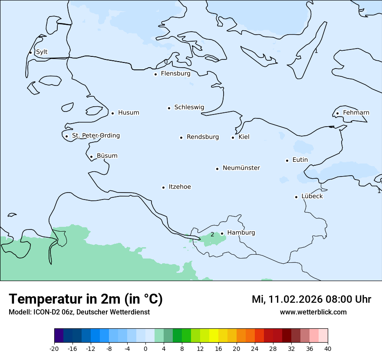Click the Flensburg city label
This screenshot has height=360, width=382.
(x=175, y=74)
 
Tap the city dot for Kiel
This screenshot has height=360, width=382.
(x=233, y=137)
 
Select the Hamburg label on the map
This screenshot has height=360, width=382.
(x=241, y=233)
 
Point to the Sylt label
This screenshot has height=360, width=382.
(x=42, y=52)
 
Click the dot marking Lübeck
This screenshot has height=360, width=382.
(x=296, y=197)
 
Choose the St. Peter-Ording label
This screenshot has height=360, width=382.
(x=95, y=136)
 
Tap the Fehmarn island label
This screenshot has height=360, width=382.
(x=356, y=113)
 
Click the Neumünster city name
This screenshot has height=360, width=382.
(x=241, y=168)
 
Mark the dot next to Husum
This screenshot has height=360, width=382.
(x=112, y=113)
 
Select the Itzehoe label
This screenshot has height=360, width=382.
(x=180, y=187)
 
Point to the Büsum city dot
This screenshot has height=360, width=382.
(x=91, y=157)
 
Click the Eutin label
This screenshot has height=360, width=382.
(x=300, y=160)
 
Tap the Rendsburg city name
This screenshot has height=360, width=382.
(x=203, y=137)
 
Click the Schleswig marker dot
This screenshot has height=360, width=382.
(x=169, y=108)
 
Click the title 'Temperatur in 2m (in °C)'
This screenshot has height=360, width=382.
(x=86, y=299)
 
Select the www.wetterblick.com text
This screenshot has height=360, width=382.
(x=313, y=312)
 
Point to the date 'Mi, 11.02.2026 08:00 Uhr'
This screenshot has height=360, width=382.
(x=311, y=299)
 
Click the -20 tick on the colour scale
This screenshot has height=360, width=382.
(x=54, y=348)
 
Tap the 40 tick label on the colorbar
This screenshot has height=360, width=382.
(x=328, y=348)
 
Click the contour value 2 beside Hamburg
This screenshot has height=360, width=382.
(x=212, y=235)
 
